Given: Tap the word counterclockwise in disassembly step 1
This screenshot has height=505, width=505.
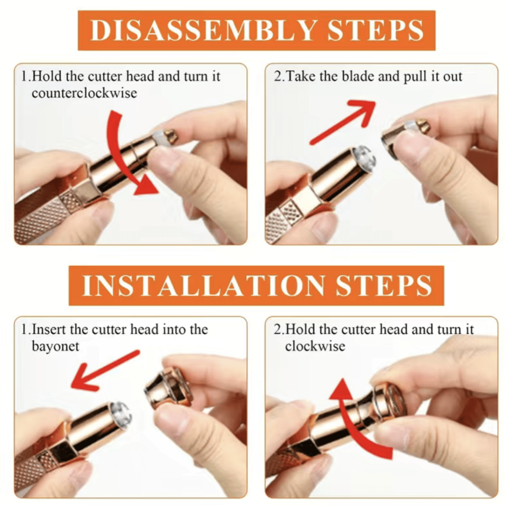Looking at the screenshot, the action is point(85,93).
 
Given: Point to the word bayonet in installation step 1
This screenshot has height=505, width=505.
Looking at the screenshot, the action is point(55,346).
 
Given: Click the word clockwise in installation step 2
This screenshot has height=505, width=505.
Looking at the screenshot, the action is point(315,346).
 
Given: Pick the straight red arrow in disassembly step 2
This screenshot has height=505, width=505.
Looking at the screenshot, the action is point(342,122).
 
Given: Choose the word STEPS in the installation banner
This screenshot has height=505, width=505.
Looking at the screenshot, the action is point(384,285).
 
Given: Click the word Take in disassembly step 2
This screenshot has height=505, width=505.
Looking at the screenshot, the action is point(300,77).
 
